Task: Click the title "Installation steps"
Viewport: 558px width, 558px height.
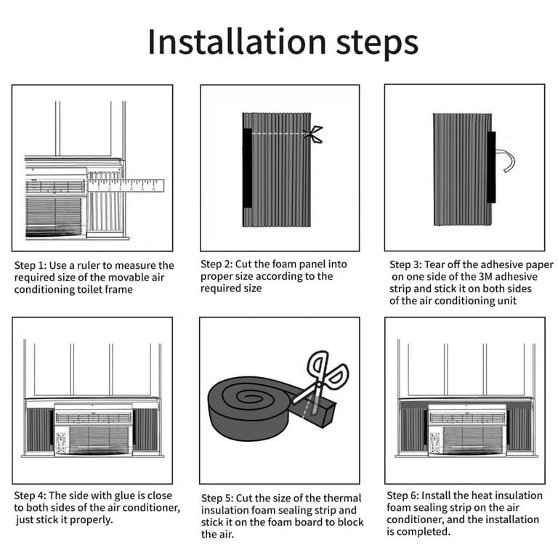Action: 282,42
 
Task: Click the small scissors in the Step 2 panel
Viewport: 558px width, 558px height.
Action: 313,134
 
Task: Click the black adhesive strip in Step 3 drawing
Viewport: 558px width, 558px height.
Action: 491,167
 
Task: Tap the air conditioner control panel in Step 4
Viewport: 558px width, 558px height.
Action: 61,441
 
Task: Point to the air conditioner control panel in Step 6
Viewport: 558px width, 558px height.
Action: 434,441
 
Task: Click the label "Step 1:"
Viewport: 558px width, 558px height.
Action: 31,265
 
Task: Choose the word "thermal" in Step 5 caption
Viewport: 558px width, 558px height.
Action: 342,498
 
